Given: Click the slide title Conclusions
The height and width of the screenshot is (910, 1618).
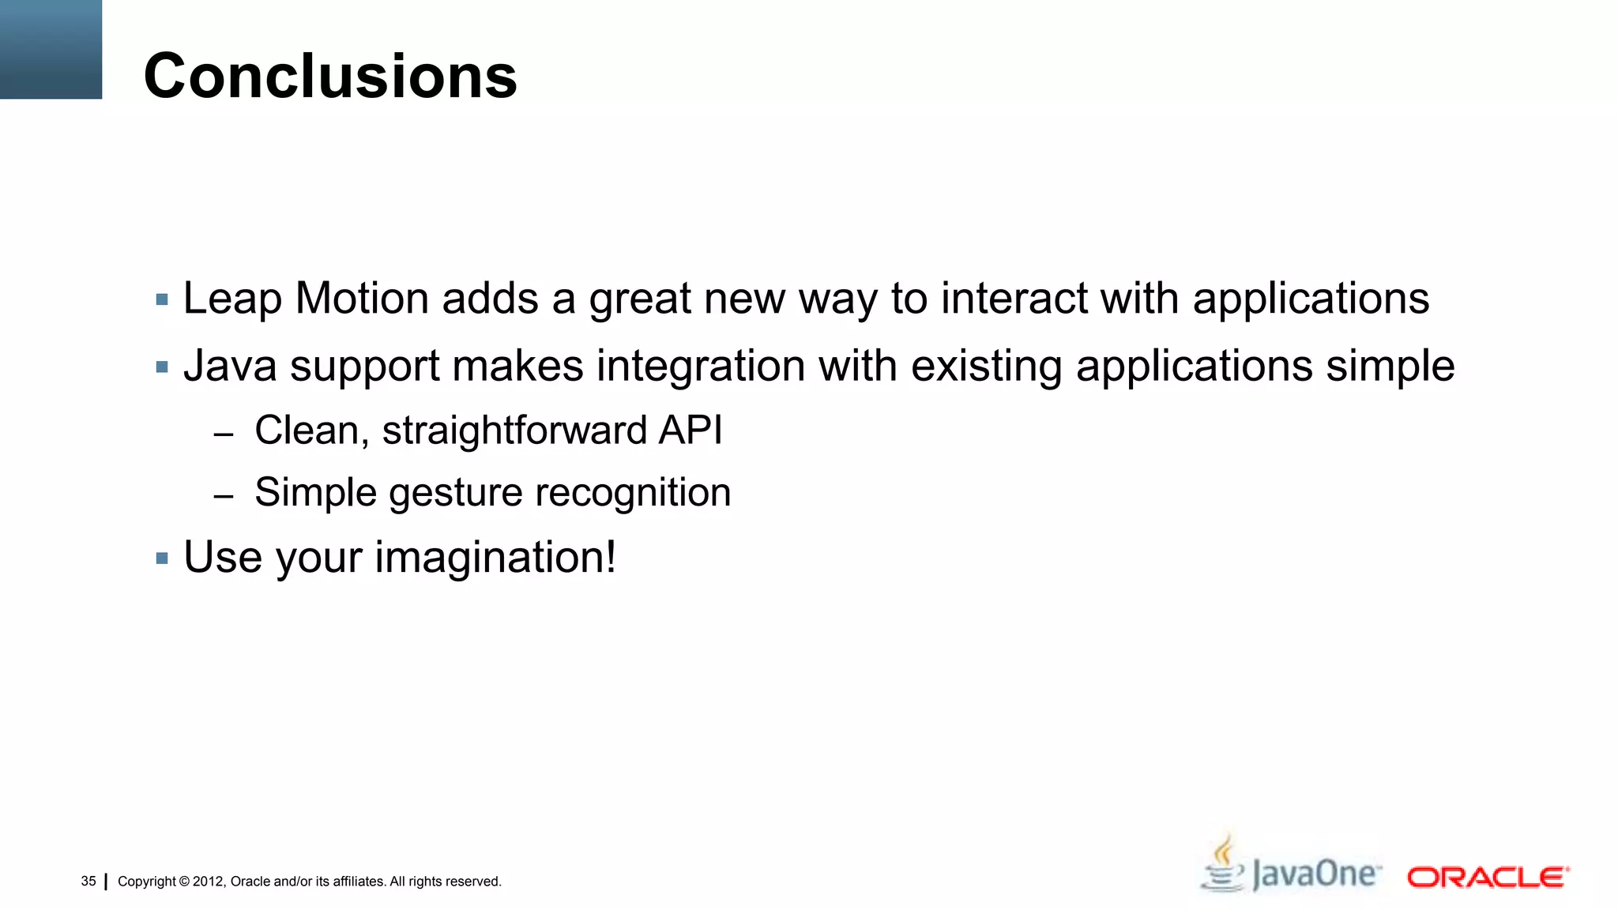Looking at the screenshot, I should coord(330,76).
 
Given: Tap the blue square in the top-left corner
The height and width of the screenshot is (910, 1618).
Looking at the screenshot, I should coord(51,49).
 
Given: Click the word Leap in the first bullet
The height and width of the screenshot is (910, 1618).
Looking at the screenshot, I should coord(232,299).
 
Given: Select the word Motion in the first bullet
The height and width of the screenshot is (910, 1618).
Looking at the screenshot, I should coord(362,299).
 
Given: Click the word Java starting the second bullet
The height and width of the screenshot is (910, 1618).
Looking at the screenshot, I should coord(230,367).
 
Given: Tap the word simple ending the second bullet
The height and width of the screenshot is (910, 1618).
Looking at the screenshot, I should coord(1390,367).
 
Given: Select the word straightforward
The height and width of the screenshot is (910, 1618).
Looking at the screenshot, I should coord(514,431).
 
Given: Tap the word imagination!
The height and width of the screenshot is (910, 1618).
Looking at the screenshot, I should coord(495,558).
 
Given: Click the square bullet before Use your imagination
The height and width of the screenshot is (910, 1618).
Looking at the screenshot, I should coord(163,558).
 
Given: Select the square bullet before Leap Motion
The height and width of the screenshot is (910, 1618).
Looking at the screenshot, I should coord(163,300).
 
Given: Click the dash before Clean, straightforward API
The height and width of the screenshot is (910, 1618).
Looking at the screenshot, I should coord(224,434).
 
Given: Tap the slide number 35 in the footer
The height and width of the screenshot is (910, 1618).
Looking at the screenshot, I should coord(88,881).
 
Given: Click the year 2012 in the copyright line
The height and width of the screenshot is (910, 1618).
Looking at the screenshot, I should coord(209,882).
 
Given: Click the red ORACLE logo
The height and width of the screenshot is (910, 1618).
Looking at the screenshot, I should coord(1488,878).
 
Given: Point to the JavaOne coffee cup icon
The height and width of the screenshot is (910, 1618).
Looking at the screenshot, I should coord(1222,865).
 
